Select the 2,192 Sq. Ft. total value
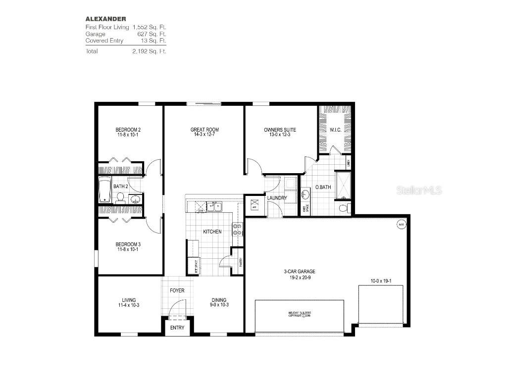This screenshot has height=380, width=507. (149, 51)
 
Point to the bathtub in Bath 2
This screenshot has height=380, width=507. (105, 190)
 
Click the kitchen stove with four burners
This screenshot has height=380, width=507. (237, 229)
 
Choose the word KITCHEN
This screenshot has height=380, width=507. (212, 232)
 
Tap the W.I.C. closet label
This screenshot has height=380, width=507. (336, 130)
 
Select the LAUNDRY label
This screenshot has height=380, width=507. (277, 198)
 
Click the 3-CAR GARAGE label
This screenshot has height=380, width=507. (300, 271)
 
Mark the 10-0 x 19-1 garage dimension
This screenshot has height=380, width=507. (381, 281)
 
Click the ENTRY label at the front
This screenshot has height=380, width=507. (177, 328)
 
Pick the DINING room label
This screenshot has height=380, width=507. (219, 300)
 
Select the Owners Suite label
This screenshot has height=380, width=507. (280, 130)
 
